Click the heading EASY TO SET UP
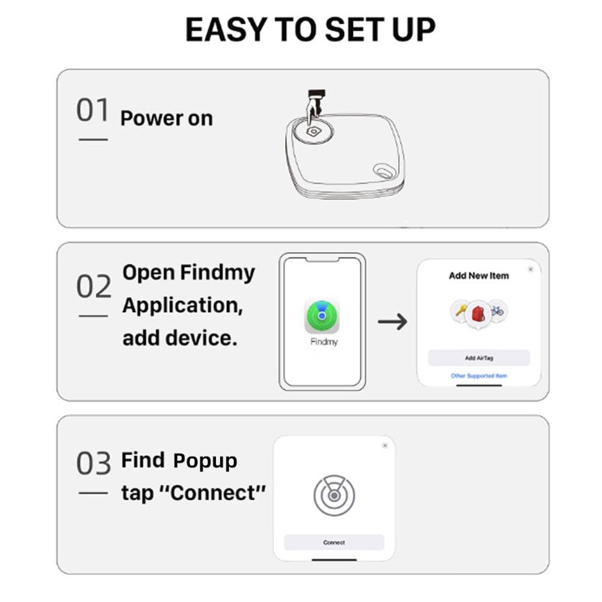pos(310,29)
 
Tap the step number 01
pos(93,111)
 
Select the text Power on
pos(167,118)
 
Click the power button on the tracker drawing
pos(313,131)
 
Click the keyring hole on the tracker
pos(382,171)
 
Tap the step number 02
pos(94,287)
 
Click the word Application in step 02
pos(182,306)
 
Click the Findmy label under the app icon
pos(324,342)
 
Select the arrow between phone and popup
pos(392,322)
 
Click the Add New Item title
pos(479,276)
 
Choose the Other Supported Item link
pos(479,376)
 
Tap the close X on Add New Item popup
pos(530,269)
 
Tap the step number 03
pos(94,464)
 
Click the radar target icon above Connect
pos(334,496)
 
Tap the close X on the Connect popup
pos(385,446)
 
